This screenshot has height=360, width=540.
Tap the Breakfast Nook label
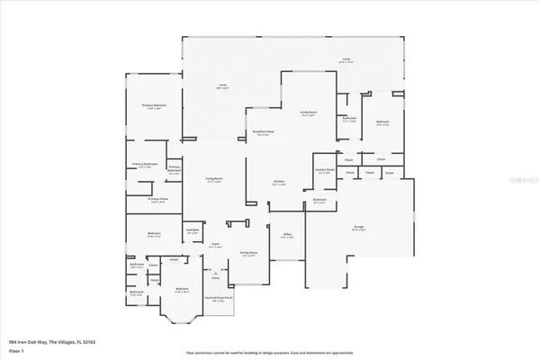click(263, 131)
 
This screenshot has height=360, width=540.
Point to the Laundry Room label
click(325, 170)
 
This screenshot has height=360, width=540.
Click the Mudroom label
click(319, 202)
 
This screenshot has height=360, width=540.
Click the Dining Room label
click(248, 255)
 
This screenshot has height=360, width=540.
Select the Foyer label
click(216, 244)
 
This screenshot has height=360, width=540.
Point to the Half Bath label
click(193, 231)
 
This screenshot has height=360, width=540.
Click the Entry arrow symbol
click(214, 274)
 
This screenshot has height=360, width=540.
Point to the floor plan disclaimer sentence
click(270, 353)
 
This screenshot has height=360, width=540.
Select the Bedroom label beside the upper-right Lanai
click(382, 121)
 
